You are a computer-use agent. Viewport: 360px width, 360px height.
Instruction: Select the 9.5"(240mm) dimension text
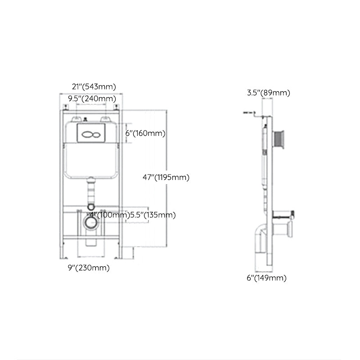pos(91,98)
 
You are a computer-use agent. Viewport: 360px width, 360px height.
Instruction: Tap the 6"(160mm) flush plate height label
pos(145,133)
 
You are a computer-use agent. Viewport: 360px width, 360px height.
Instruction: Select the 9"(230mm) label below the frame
pos(88,268)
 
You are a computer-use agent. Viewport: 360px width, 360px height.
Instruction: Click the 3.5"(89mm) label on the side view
pos(268,93)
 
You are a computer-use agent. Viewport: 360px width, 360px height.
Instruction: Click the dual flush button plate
pos(91,133)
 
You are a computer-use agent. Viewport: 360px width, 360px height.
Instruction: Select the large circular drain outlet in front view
pos(91,223)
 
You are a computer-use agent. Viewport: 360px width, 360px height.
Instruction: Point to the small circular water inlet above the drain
pos(91,208)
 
